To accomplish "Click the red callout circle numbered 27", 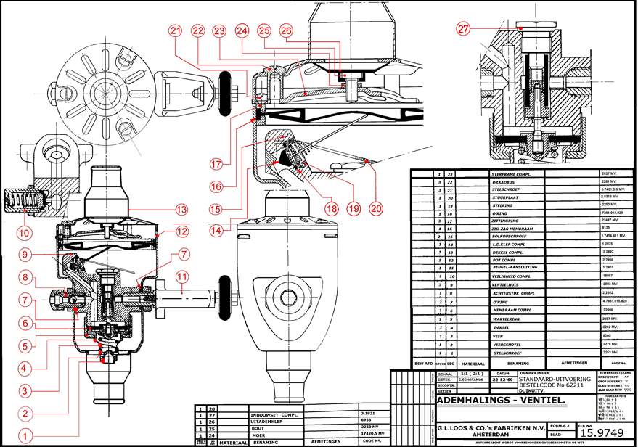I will (x=465, y=29).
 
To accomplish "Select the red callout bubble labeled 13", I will (x=181, y=208).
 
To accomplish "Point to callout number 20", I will (x=375, y=208).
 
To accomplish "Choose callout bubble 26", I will (x=286, y=30).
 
